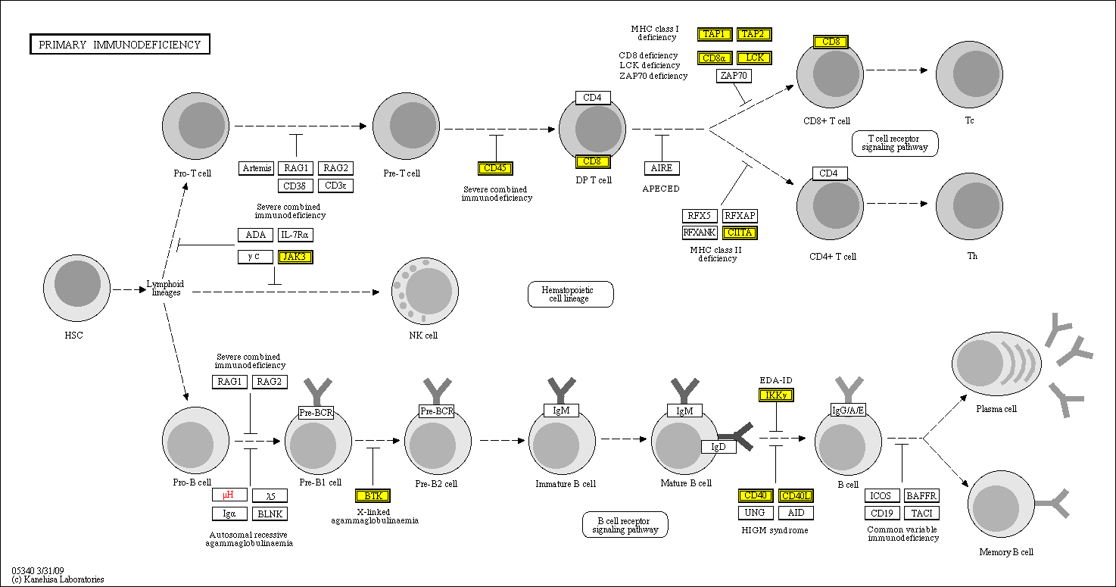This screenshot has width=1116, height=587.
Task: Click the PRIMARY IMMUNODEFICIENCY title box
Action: [120, 45]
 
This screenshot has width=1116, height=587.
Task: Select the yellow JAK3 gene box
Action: [295, 257]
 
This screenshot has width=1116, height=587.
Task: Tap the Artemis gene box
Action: [257, 168]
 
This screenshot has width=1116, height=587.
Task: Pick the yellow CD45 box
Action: [495, 168]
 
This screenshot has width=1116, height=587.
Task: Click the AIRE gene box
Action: [662, 168]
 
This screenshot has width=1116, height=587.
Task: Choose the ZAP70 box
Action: [734, 76]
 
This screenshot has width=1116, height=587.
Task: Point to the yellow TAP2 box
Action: [754, 34]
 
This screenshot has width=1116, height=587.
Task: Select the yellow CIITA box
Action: [740, 233]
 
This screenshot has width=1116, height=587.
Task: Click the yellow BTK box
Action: [373, 496]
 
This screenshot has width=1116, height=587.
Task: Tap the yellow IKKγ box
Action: [776, 395]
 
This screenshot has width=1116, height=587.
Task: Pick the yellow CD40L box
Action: [796, 496]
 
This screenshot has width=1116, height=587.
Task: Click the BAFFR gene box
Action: [921, 496]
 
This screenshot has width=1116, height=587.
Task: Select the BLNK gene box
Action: [270, 514]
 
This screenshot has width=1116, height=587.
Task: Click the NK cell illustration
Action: [424, 292]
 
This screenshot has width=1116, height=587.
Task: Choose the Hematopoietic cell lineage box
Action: [570, 294]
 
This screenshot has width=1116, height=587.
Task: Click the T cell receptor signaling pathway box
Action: [895, 143]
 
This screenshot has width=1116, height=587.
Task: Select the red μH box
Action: [229, 495]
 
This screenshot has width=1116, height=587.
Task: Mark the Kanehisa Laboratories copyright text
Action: [58, 579]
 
